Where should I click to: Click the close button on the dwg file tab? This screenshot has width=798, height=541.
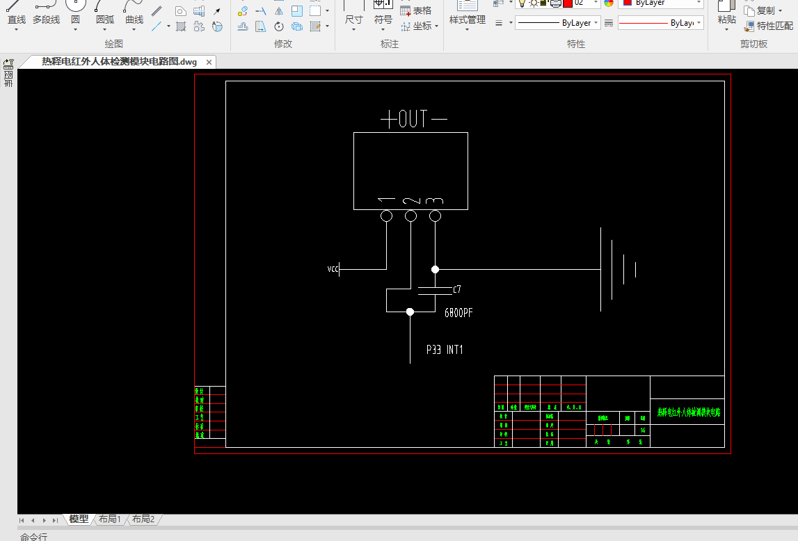click(208, 62)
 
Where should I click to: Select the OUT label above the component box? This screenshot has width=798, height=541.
click(413, 119)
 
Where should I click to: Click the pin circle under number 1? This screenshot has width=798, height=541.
click(387, 216)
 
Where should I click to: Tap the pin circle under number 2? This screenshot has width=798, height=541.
click(411, 216)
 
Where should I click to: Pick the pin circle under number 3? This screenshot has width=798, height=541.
click(436, 216)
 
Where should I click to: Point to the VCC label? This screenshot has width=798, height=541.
click(333, 269)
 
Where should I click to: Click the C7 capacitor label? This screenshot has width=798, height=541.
click(456, 289)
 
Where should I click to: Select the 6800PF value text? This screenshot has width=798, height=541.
click(458, 313)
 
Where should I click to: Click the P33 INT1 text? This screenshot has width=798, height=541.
click(445, 350)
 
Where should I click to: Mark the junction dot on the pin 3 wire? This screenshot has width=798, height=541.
click(436, 269)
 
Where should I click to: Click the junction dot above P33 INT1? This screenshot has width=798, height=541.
click(410, 312)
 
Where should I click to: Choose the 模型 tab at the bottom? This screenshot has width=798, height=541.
click(79, 519)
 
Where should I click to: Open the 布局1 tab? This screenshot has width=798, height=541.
click(110, 519)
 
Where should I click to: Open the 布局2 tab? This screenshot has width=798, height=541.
click(143, 519)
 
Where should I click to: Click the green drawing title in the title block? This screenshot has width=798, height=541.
click(689, 412)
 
